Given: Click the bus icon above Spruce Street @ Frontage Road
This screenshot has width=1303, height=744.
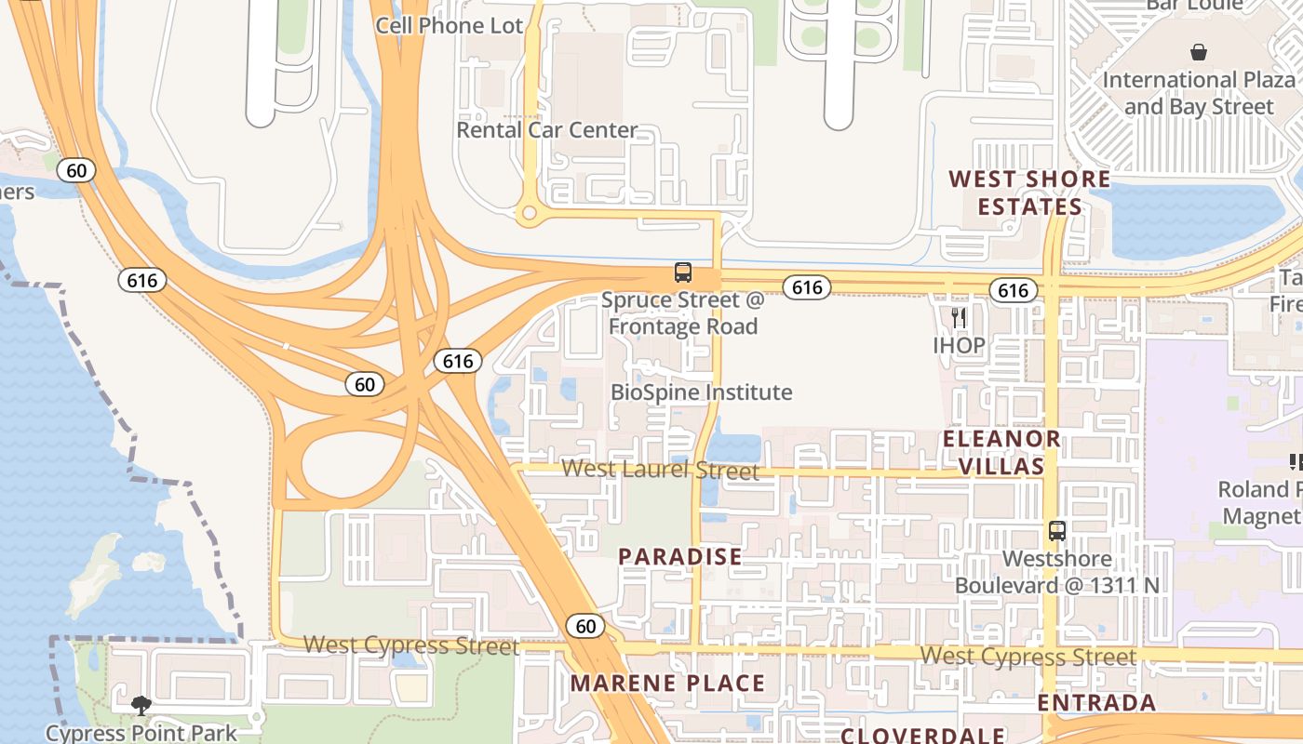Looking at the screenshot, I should click(683, 272).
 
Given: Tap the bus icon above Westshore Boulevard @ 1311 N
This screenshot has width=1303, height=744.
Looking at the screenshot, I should click(1057, 531).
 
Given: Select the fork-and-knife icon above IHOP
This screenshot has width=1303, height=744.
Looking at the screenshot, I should click(959, 318).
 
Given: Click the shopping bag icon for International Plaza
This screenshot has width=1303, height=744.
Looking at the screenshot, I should click(1199, 53).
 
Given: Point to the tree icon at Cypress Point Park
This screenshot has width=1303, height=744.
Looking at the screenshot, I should click(141, 706).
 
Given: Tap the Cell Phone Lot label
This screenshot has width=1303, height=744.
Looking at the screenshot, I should click(450, 25).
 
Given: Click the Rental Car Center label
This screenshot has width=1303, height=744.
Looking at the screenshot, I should click(546, 129).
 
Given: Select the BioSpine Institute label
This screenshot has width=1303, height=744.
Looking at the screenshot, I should click(701, 392).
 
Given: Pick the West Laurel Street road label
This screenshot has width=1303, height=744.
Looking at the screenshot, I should click(660, 470).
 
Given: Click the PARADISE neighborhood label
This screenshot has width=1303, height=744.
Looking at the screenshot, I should click(680, 556).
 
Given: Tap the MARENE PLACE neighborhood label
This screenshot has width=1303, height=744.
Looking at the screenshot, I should click(667, 684).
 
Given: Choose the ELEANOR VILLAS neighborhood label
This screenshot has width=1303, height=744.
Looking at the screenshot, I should click(1001, 452).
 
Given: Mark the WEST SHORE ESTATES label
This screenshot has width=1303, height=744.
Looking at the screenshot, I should click(1029, 193).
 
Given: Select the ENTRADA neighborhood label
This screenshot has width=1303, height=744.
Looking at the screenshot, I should click(1096, 702).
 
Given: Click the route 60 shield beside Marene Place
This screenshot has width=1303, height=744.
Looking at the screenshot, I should click(585, 626).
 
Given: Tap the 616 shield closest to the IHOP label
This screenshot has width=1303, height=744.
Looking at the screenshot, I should click(1013, 290).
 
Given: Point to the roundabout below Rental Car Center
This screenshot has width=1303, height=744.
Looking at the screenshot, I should click(530, 214).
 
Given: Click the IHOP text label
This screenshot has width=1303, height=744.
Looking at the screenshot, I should click(959, 345).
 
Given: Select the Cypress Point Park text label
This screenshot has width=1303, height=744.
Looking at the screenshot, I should click(141, 733).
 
